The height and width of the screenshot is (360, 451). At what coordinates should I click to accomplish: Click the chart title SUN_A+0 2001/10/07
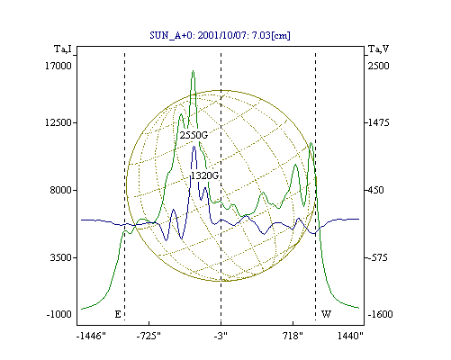point(220,35)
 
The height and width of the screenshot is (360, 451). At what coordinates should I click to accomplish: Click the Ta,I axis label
point(63,49)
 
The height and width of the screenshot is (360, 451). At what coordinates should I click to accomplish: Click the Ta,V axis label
point(378,49)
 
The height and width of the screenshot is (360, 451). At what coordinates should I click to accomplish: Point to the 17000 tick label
point(59,66)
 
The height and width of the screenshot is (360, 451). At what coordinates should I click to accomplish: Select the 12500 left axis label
point(59,122)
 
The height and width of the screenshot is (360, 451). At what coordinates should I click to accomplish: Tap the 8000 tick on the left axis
point(61,190)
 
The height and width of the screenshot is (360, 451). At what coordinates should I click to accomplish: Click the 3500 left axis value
point(61,257)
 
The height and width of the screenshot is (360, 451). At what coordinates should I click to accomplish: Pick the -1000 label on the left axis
point(59,314)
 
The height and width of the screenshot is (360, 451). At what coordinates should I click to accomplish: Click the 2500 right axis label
point(378,66)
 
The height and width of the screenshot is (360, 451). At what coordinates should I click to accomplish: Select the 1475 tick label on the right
point(378,122)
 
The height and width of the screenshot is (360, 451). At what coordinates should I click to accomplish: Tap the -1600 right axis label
point(380,314)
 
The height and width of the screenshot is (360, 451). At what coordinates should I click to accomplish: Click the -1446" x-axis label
point(92,336)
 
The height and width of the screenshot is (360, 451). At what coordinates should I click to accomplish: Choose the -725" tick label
point(149,336)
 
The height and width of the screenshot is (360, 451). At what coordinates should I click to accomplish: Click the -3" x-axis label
point(221,336)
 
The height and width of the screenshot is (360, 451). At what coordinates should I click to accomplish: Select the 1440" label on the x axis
point(350,336)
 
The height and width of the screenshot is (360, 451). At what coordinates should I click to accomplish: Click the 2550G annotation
point(194,135)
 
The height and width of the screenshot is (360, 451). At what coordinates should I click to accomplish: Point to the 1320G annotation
point(204,175)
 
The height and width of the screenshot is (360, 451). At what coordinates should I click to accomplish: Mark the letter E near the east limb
point(118,314)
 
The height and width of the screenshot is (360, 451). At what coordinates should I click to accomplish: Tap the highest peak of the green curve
point(193,71)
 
